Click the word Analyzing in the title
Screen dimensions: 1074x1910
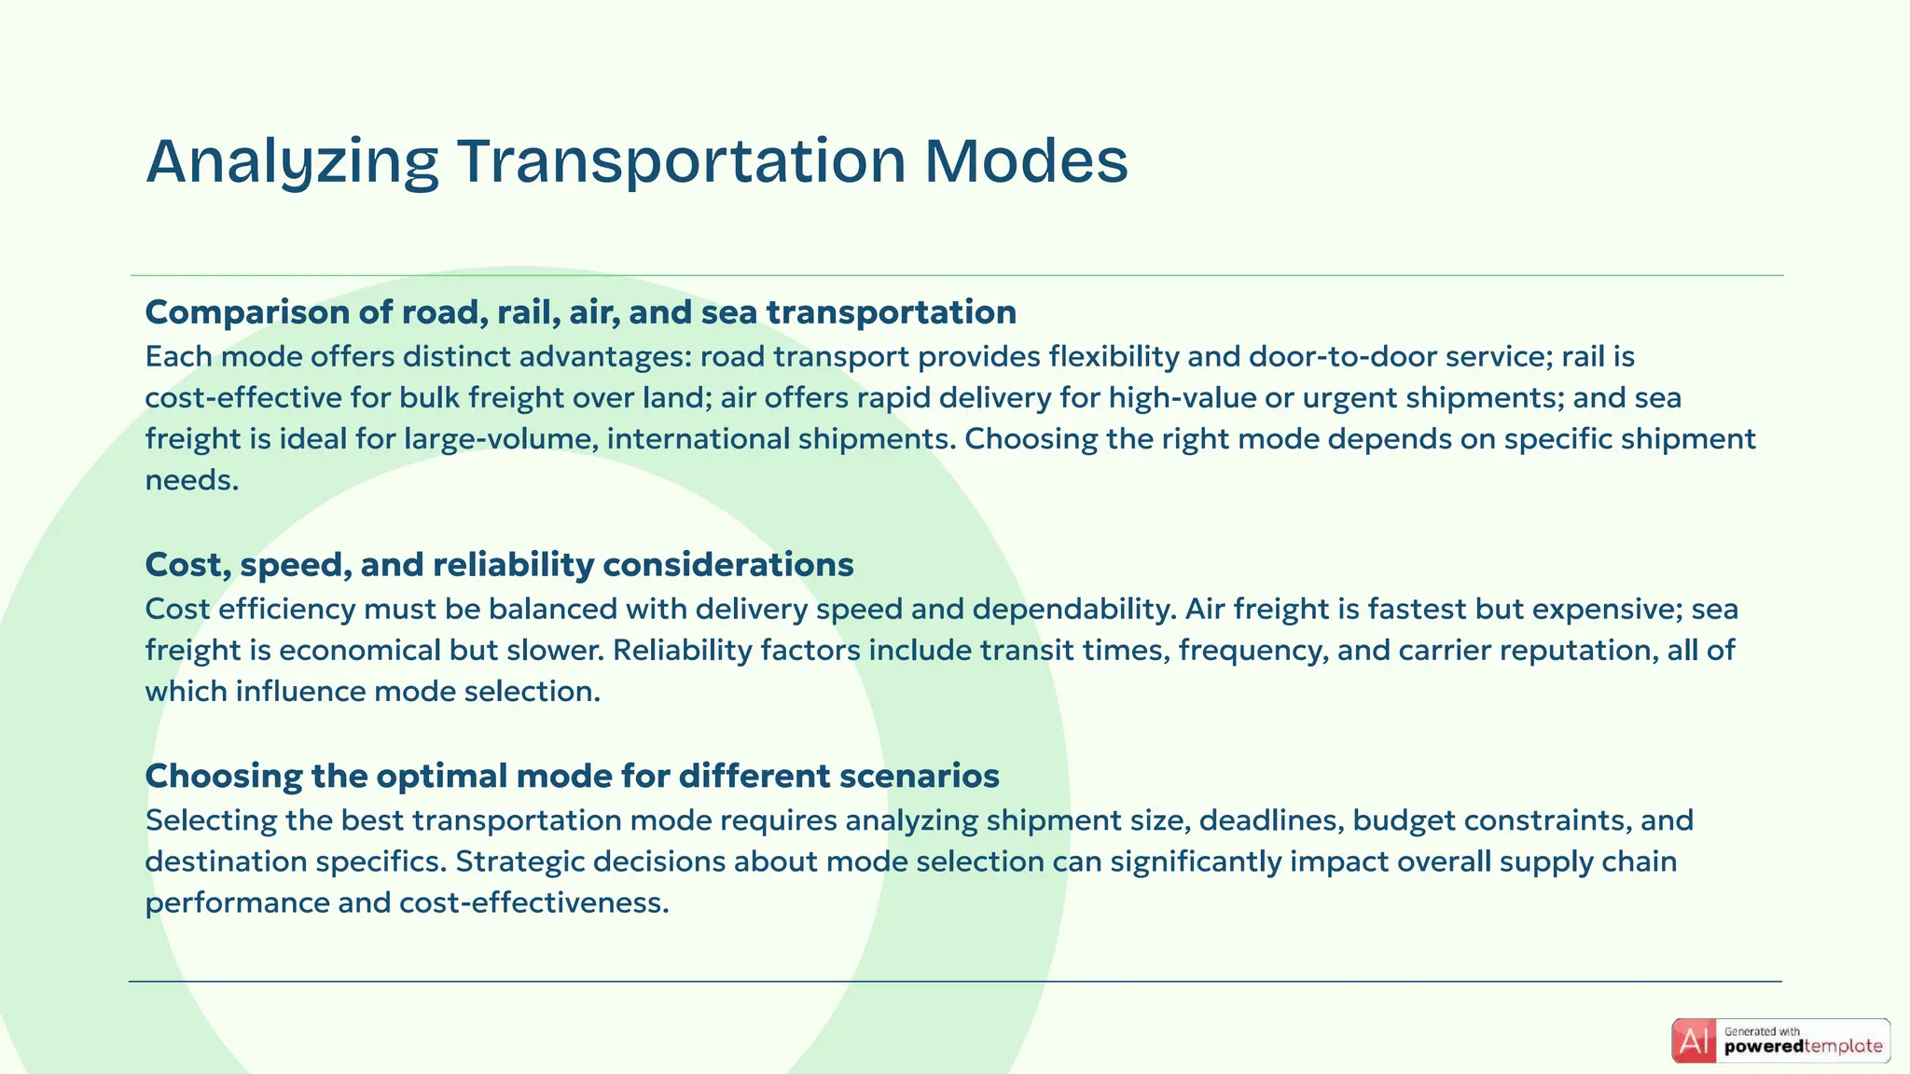(x=292, y=161)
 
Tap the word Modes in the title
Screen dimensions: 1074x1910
(x=1026, y=161)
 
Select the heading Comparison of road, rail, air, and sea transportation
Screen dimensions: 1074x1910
(x=580, y=312)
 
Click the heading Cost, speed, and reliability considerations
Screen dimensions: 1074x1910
(x=499, y=565)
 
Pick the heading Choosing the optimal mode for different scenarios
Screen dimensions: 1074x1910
(x=572, y=776)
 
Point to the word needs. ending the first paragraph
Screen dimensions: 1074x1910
(x=192, y=480)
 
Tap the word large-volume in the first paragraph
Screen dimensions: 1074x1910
(x=501, y=439)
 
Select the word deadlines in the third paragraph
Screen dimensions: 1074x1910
(x=1270, y=821)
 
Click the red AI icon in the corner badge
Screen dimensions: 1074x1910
(x=1694, y=1041)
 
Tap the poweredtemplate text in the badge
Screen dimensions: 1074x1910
(x=1803, y=1047)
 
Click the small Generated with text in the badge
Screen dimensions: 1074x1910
(x=1762, y=1031)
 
